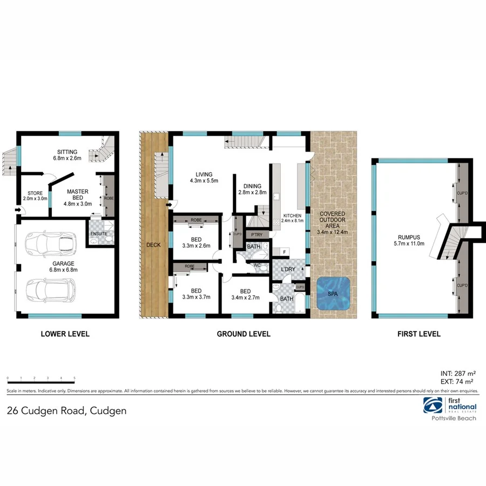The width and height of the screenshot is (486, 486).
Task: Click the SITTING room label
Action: [67, 152]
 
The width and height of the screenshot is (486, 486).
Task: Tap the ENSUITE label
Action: [99, 233]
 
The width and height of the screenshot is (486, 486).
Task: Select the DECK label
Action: [153, 245]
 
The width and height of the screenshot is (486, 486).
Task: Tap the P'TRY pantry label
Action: [254, 234]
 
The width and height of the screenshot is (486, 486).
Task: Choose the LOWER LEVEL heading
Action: [65, 334]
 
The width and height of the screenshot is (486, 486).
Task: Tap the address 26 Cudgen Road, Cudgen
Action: [66, 410]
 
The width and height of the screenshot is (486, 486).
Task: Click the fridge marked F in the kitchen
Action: [283, 251]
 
